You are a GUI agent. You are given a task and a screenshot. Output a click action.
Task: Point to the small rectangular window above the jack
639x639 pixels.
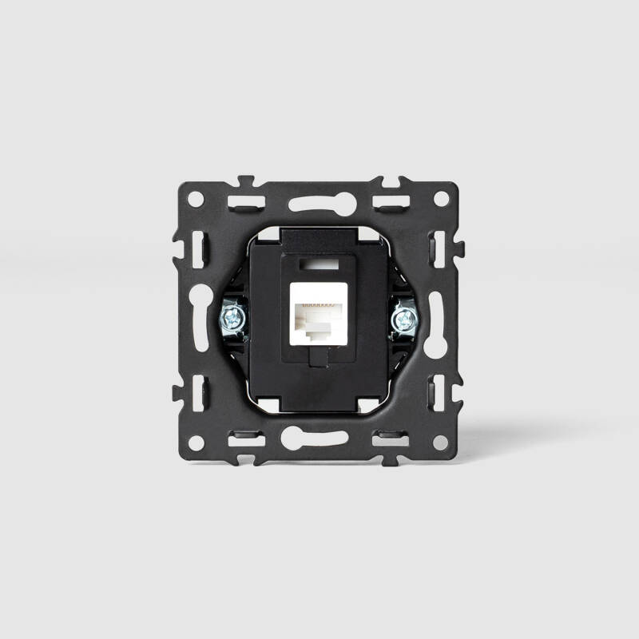(x=319, y=261)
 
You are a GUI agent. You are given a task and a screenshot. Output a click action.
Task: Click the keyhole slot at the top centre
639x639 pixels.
(x=319, y=204)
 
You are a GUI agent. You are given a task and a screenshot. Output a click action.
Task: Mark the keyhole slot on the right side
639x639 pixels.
(x=437, y=319)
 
